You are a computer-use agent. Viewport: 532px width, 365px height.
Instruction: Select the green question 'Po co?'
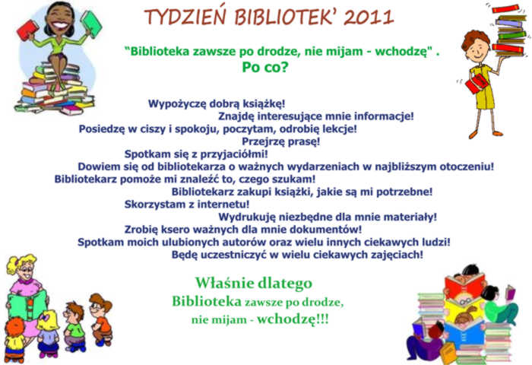265,67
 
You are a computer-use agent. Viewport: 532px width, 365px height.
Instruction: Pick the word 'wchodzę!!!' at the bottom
293,319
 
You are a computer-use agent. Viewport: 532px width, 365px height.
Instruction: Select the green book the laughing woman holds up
91,23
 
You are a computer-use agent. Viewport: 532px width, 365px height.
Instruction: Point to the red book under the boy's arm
476,84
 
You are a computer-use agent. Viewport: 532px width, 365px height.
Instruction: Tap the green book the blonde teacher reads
27,305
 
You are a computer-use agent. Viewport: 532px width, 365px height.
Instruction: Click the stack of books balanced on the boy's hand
509,30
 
